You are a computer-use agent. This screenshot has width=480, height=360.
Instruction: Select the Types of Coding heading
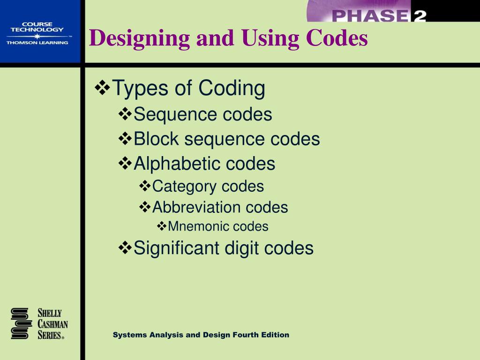189,88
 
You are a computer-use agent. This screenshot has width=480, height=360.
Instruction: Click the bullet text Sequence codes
202,114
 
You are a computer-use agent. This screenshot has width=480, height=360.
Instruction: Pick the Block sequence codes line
226,139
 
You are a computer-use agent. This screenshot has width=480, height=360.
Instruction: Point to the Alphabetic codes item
204,164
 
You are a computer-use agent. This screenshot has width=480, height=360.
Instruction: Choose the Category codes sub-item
208,186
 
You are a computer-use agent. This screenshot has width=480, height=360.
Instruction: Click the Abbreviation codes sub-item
220,207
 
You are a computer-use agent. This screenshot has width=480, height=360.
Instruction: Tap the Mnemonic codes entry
218,227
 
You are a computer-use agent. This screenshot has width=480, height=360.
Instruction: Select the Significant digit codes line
224,248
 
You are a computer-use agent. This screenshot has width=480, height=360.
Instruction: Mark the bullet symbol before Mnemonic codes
162,226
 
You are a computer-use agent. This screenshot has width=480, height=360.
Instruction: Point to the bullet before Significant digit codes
125,247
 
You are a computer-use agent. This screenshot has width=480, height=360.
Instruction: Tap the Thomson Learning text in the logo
37,43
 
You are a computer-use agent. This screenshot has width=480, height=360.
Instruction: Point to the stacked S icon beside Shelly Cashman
21,323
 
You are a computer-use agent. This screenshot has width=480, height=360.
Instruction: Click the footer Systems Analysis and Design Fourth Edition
201,335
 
